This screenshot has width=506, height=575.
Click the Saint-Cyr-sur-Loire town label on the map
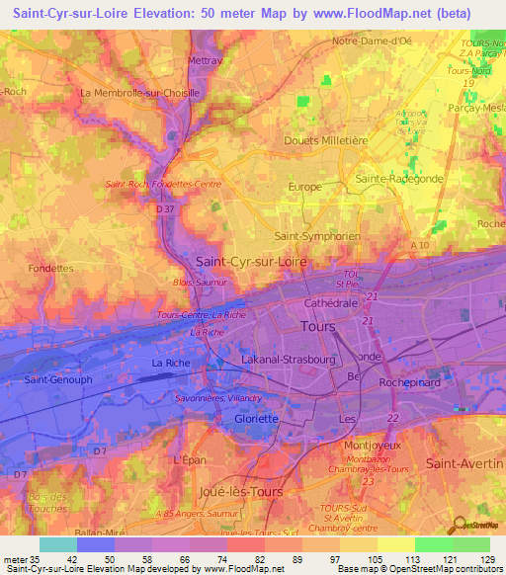click(x=252, y=262)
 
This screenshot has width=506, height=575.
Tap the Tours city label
click(x=316, y=326)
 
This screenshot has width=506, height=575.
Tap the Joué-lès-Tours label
click(x=241, y=491)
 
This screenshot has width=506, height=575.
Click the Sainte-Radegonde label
click(x=398, y=179)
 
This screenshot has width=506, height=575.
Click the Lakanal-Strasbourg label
click(x=294, y=363)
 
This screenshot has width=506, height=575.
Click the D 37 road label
click(x=165, y=208)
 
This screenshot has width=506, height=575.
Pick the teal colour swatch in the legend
click(x=58, y=544)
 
